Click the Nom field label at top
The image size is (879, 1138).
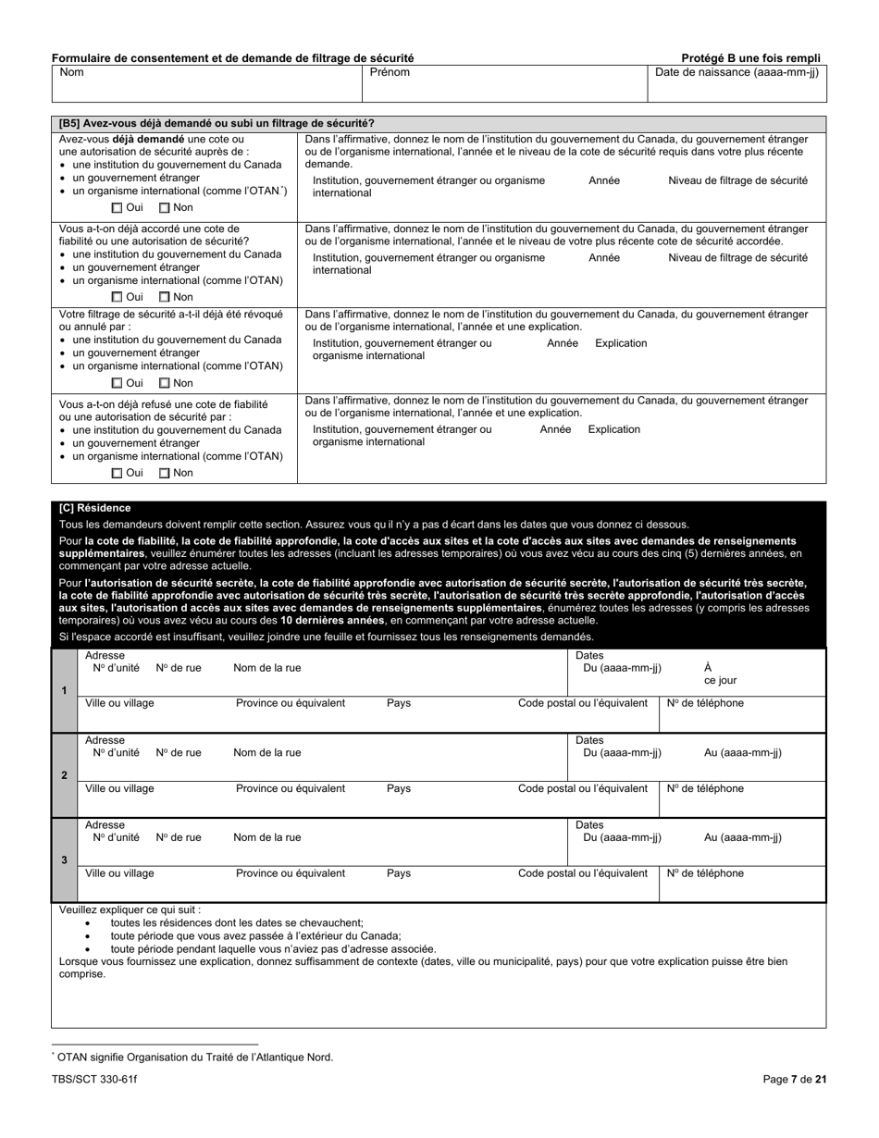point(71,72)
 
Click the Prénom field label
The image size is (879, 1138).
point(390,72)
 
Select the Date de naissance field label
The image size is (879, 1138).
point(736,72)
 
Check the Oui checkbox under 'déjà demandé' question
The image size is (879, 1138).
point(118,208)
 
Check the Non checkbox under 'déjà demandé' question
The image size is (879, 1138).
point(165,208)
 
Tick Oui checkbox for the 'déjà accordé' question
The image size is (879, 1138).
point(118,297)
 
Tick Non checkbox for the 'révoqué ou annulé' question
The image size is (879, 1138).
point(165,383)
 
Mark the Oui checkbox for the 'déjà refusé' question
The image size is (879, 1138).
point(118,473)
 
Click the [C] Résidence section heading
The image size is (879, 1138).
point(94,508)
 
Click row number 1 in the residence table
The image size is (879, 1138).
point(64,691)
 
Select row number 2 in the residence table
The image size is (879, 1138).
point(64,775)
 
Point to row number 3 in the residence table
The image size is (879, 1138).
point(64,860)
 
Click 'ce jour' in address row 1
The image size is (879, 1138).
point(720,681)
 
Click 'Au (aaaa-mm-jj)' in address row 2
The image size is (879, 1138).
point(742,753)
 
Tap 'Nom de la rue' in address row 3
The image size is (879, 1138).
point(266,838)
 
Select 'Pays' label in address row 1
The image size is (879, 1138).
point(399,703)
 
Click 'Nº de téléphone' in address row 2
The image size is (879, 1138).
point(705,789)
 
